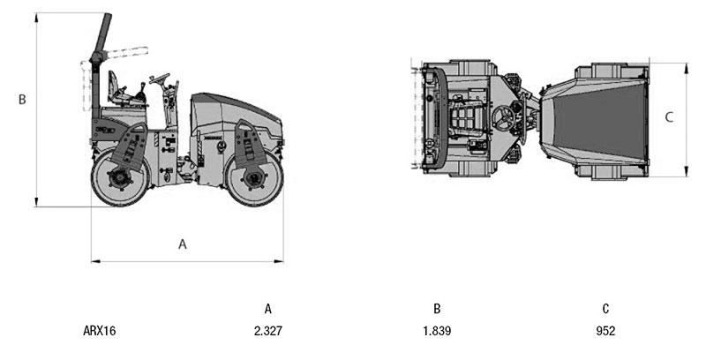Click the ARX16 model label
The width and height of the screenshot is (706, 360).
[100, 331]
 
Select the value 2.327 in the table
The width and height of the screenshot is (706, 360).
[268, 331]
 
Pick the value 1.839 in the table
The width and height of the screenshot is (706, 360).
[437, 331]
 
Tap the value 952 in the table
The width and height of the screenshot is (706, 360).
[605, 331]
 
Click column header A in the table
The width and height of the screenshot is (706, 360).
[268, 309]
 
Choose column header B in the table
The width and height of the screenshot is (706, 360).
[437, 309]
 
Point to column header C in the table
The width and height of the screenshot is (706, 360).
[605, 309]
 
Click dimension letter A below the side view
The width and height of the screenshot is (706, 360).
[183, 244]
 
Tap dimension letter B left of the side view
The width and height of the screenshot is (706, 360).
[22, 100]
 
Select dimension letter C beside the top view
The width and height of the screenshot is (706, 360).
[669, 117]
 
